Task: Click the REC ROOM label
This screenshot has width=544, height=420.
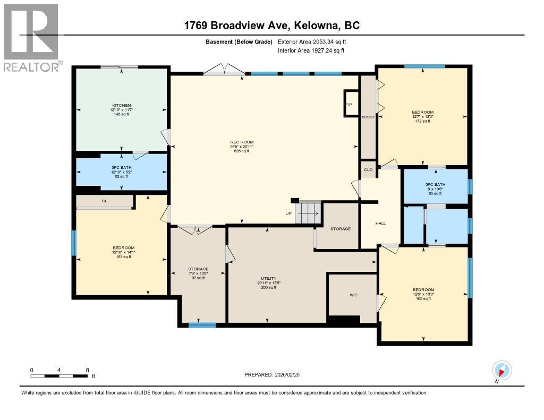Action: pos(242,142)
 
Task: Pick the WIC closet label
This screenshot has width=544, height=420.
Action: pos(353,295)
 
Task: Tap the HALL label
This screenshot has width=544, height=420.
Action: pos(380,224)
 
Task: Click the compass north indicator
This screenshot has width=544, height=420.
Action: pos(501,370)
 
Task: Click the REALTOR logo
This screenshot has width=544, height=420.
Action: pos(32,37)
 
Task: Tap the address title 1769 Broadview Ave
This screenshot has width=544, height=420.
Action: pos(272,25)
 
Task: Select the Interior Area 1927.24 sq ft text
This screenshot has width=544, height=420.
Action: pos(311,50)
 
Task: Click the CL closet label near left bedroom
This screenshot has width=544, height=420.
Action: pos(104,201)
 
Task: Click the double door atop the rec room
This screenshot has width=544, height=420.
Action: pos(224,70)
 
